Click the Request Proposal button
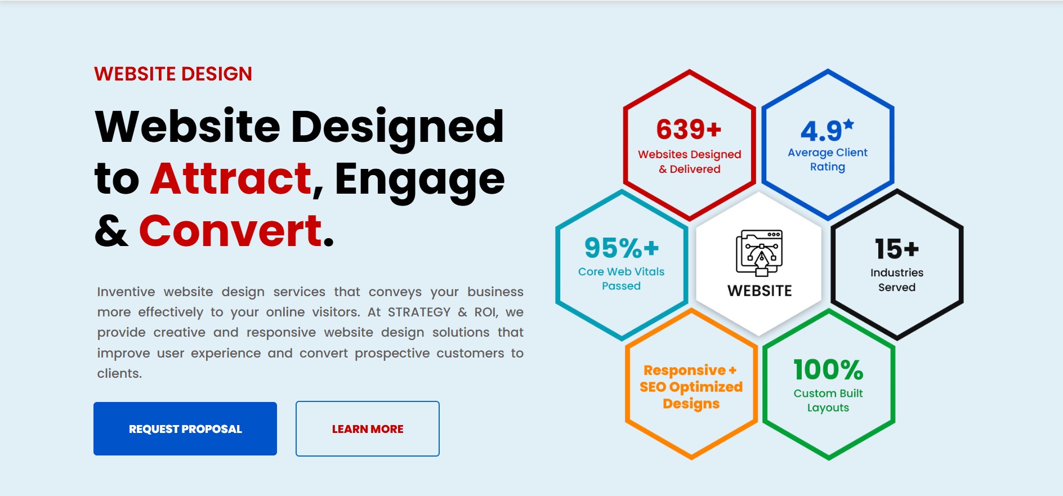point(185,428)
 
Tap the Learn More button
point(368,428)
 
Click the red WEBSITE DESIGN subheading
point(173,74)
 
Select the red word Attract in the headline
point(231,178)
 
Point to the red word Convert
point(231,231)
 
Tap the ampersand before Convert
point(111,231)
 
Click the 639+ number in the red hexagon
point(689,129)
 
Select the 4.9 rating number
point(821,132)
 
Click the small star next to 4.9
point(848,124)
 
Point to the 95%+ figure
point(622,248)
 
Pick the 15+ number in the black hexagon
point(897,249)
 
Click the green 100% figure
point(828,370)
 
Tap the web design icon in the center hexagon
point(760,253)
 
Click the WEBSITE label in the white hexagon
point(760,291)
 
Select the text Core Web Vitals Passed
point(622,279)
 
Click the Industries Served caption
point(897,280)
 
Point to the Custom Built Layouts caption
point(828,401)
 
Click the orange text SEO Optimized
point(691,387)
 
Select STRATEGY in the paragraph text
point(419,312)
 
